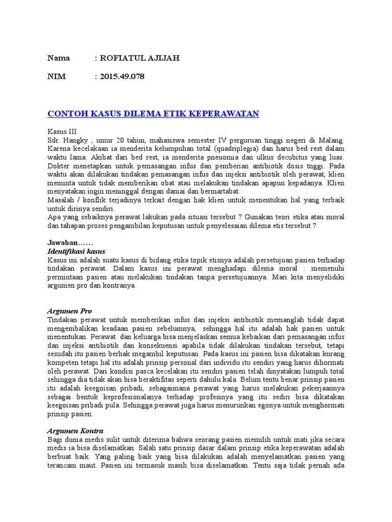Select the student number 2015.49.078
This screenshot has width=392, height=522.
(x=122, y=77)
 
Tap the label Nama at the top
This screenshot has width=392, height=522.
(x=59, y=58)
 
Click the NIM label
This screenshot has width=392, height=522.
(x=57, y=77)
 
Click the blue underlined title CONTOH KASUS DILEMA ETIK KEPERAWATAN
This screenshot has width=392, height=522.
(x=153, y=113)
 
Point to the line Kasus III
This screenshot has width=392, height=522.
(x=62, y=131)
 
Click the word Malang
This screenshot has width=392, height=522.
(x=331, y=140)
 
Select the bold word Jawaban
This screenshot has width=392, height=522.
(x=63, y=243)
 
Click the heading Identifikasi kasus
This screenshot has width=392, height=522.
(x=76, y=251)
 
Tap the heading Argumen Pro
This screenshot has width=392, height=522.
(x=69, y=310)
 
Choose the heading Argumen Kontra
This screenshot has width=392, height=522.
(x=75, y=431)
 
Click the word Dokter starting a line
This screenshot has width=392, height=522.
(x=59, y=166)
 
